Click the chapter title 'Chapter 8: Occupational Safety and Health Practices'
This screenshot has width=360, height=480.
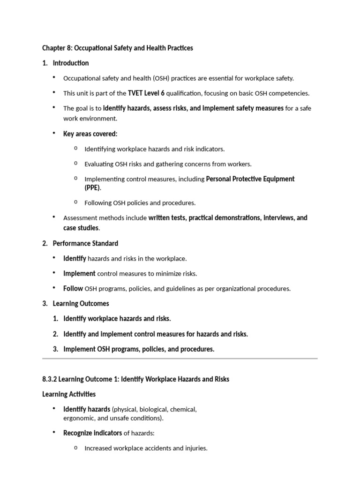coord(117,48)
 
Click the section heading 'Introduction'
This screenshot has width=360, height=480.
coord(71,63)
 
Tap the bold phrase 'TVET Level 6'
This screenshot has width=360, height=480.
coord(146,93)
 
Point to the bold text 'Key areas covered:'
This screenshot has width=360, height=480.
coord(90,134)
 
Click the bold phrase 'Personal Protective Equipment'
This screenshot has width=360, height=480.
coord(250,179)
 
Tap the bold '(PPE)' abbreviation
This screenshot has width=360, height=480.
coord(92,188)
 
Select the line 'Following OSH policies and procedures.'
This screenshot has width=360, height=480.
coord(140,203)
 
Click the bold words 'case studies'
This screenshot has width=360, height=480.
coord(81,228)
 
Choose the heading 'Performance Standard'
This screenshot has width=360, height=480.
coord(85,243)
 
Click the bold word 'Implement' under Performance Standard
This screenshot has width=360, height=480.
coord(79,273)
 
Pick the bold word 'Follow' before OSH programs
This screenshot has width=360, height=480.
coord(73,288)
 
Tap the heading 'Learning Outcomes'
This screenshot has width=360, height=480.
coord(81,304)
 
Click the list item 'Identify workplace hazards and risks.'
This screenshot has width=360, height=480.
coord(117,319)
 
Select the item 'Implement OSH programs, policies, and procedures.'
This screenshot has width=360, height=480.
coord(139,349)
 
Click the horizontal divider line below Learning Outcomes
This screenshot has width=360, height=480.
coord(180,359)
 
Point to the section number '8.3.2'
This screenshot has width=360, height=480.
coord(50,379)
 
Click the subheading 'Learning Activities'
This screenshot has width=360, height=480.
coord(69,394)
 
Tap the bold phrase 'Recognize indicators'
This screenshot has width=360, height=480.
coord(92,433)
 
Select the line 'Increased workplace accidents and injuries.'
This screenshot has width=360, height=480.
coord(146,448)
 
